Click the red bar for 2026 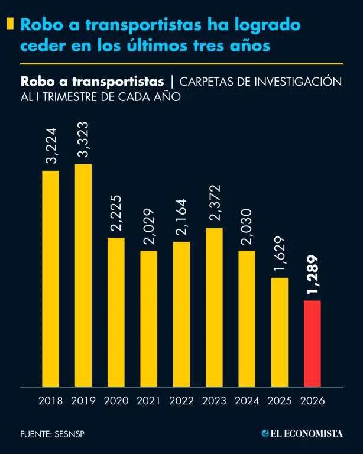coord(312,343)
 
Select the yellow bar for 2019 coord(83,275)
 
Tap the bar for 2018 coord(51,278)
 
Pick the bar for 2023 coord(214,307)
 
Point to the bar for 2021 coord(148,319)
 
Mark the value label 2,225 coord(116,213)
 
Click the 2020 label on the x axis coord(116,401)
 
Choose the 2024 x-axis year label coord(247,401)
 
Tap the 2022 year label coord(181,401)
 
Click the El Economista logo coord(302,433)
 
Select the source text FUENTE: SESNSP coord(51,434)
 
